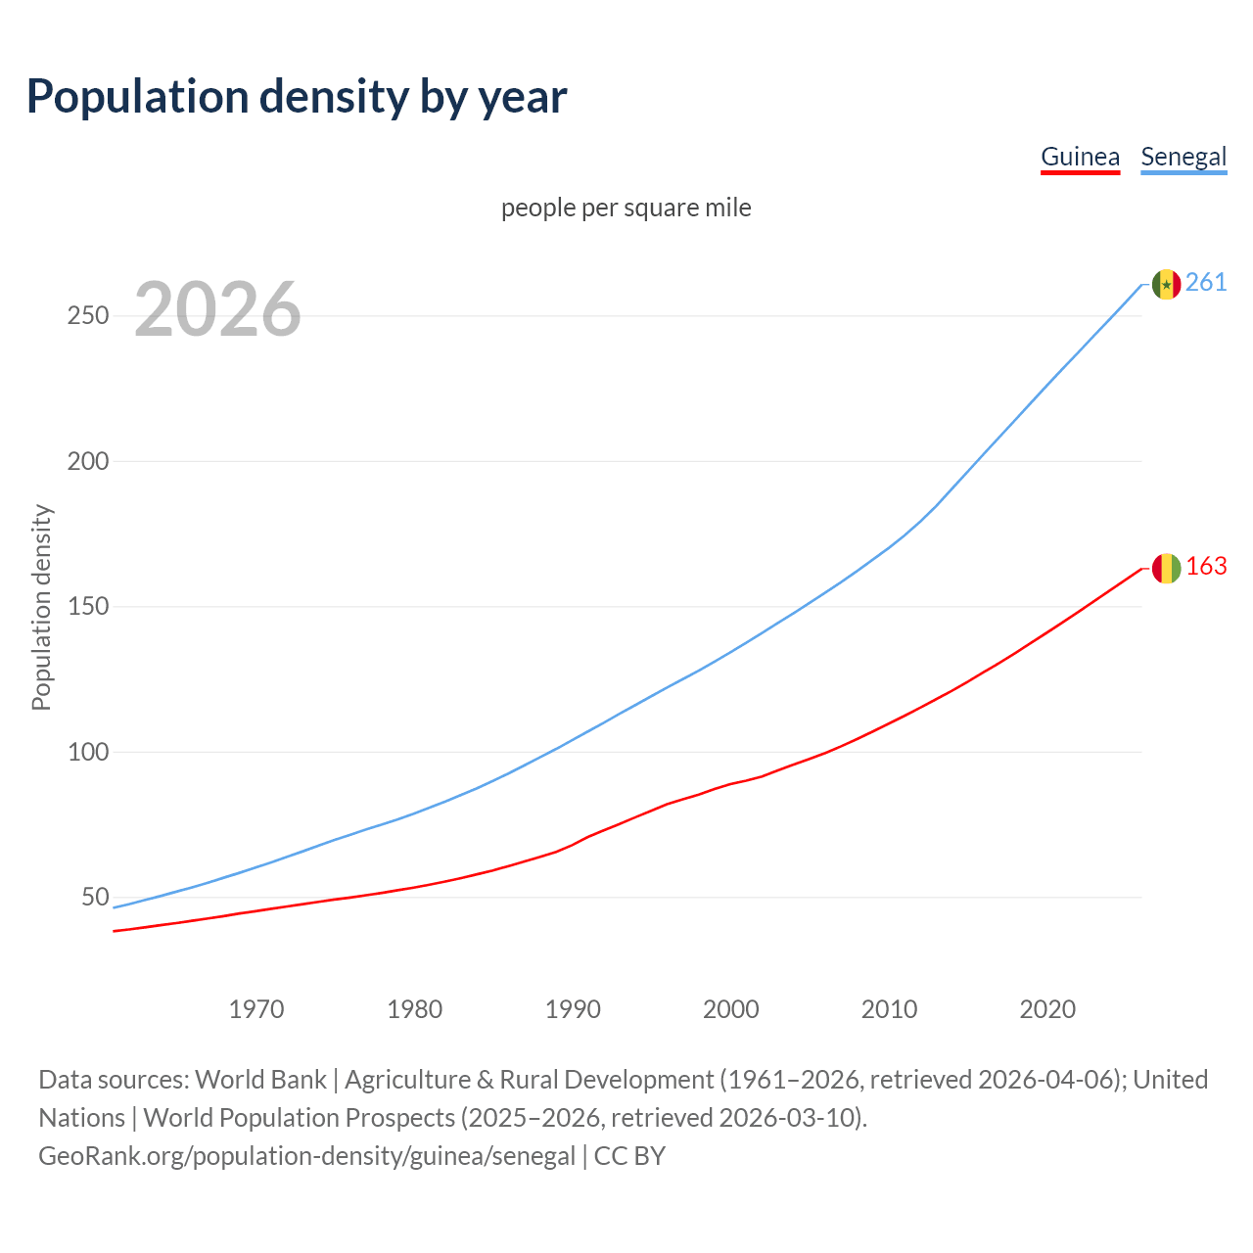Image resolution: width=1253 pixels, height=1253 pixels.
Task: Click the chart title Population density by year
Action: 297,97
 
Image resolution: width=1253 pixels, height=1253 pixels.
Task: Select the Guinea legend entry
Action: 1080,157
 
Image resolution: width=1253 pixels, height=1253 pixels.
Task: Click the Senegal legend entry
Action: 1183,157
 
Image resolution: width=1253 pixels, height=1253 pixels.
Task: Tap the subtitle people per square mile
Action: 626,208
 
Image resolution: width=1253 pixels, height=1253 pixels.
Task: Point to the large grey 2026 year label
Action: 217,309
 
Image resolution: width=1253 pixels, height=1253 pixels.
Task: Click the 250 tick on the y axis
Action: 88,316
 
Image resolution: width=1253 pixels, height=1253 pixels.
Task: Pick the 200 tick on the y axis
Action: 88,461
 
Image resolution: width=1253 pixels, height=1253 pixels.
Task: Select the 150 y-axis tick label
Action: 88,607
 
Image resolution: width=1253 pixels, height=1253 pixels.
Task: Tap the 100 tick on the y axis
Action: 88,752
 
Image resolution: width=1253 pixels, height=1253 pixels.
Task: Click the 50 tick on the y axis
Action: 95,898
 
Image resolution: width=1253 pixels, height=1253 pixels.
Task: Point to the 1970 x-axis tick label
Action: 256,1009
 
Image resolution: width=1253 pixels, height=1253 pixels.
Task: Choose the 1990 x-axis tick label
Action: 573,1009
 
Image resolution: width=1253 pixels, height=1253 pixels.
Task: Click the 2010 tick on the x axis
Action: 889,1009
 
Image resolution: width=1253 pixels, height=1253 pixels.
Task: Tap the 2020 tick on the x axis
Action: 1047,1009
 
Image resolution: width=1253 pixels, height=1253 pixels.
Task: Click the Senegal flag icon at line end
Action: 1166,284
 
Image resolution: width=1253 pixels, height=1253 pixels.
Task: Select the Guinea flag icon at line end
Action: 1166,568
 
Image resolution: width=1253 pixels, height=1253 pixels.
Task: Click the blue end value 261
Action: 1206,283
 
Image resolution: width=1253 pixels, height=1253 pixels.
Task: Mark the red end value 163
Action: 1206,567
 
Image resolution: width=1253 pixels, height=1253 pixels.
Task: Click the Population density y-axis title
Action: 41,607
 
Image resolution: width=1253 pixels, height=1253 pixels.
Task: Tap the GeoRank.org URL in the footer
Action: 306,1156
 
